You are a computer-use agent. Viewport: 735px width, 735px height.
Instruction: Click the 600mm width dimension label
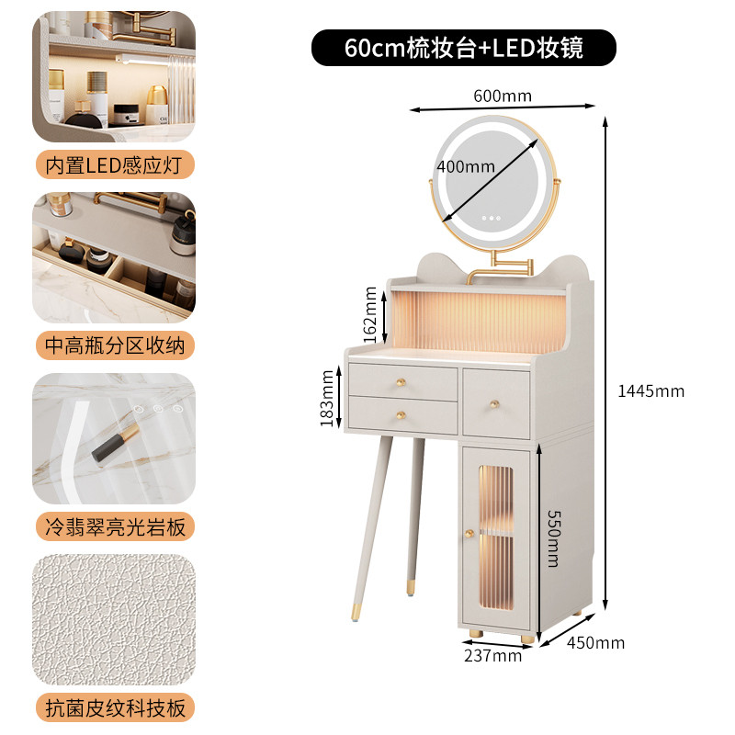(503, 96)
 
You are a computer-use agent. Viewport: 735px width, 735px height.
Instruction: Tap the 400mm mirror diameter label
(466, 166)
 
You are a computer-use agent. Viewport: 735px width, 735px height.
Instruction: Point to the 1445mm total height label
(651, 391)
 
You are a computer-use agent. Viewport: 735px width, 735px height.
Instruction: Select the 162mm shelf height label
(370, 314)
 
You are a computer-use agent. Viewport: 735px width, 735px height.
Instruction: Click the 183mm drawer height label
(327, 399)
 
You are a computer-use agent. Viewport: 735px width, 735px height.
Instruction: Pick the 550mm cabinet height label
(554, 538)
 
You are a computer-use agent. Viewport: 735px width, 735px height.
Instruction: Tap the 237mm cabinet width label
(493, 655)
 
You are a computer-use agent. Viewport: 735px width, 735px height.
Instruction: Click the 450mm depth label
(595, 642)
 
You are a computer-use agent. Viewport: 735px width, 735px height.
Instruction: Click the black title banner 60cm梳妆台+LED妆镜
(464, 48)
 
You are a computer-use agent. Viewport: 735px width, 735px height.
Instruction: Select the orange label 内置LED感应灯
(115, 165)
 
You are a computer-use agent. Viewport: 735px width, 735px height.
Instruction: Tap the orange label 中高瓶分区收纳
(115, 345)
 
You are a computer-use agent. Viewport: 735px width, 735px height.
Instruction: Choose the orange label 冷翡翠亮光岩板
(115, 526)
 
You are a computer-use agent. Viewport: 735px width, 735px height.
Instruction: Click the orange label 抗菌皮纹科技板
(115, 707)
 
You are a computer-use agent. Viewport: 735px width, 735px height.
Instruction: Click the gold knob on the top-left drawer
(401, 382)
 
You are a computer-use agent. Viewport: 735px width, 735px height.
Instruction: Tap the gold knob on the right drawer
(494, 404)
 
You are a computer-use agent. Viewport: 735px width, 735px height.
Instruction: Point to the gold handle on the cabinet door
(469, 534)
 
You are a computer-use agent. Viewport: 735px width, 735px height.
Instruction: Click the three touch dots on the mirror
(492, 218)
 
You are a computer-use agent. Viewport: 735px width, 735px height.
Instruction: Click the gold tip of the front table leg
(356, 612)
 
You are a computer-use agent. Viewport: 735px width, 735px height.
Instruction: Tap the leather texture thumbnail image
(114, 619)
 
